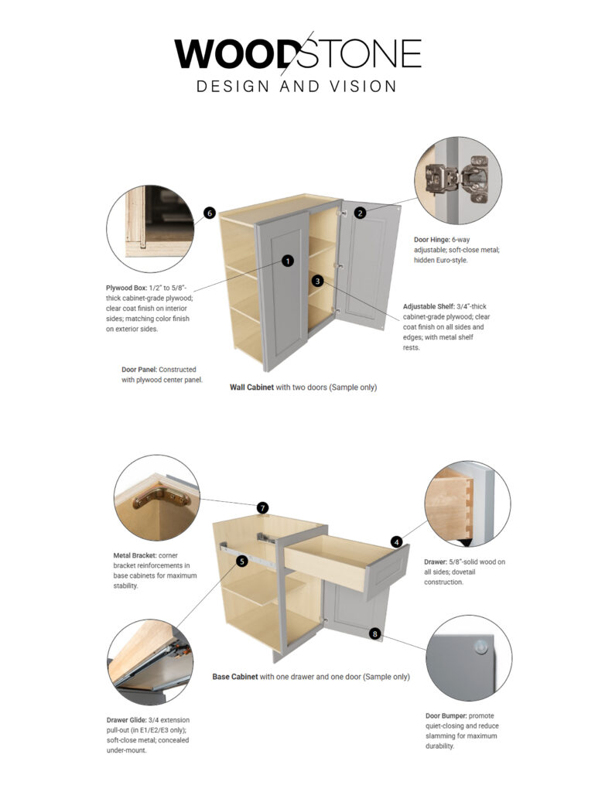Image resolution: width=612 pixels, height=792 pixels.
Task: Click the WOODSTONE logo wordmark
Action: (x=298, y=53)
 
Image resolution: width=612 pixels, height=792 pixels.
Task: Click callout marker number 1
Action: (x=288, y=261)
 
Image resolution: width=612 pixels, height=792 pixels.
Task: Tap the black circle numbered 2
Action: (x=360, y=213)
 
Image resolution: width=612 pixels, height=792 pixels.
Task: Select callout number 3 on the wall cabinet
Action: (x=317, y=281)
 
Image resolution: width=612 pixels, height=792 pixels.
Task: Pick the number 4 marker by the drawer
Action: (x=242, y=562)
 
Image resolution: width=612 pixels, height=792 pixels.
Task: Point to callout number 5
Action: (x=209, y=213)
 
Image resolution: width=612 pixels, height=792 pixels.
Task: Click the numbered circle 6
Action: (x=263, y=508)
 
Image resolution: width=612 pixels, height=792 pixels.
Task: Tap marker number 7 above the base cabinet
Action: (x=375, y=634)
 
